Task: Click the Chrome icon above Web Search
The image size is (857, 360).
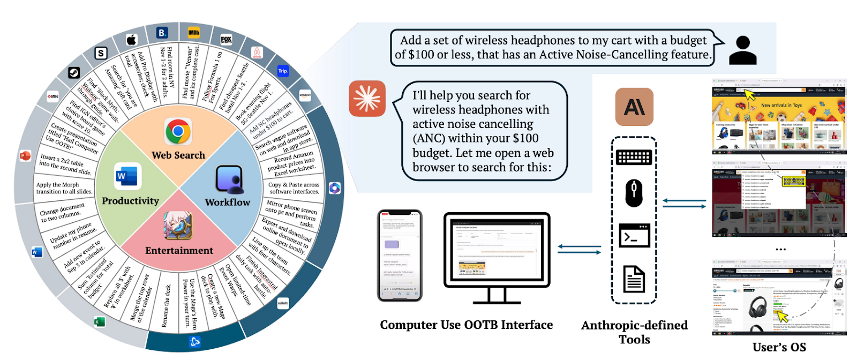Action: [178, 131]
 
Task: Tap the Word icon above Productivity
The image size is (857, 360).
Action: [127, 176]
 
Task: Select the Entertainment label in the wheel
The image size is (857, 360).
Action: [179, 250]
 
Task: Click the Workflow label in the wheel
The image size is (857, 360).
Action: [227, 202]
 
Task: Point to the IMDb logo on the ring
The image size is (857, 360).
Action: [194, 33]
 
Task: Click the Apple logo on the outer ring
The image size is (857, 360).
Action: [131, 40]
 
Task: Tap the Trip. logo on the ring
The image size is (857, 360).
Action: [283, 71]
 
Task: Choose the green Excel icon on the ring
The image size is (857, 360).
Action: [99, 321]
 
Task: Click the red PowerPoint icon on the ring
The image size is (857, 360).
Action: [25, 156]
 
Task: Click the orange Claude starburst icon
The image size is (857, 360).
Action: [367, 99]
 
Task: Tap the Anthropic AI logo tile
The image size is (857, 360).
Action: [634, 107]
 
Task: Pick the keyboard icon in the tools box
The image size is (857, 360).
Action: [634, 157]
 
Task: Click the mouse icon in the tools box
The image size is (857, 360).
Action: [634, 193]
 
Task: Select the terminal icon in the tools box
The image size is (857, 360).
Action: [634, 236]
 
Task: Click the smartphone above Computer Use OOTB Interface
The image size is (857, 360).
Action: [400, 256]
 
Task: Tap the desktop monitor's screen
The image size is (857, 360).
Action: [497, 251]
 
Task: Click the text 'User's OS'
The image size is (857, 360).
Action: [779, 347]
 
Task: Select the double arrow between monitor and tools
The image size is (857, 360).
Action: [579, 250]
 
